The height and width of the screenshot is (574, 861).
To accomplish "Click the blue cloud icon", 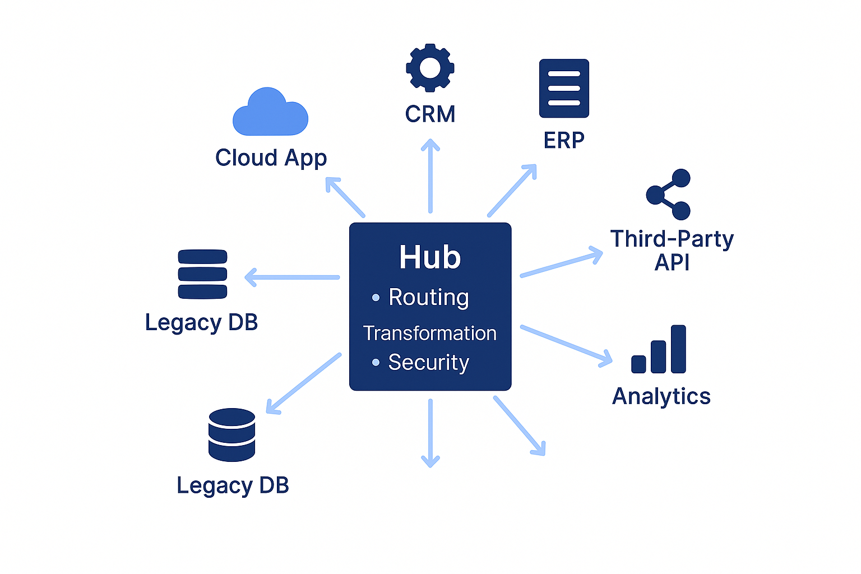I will tap(270, 113).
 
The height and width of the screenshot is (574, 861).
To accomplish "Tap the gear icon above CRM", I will tap(430, 68).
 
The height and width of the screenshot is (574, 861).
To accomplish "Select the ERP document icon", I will tap(564, 89).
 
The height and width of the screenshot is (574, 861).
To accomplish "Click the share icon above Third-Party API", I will tap(668, 195).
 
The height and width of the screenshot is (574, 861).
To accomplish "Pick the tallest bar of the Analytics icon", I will tap(678, 349).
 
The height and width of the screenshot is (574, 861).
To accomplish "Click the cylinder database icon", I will tap(232, 435).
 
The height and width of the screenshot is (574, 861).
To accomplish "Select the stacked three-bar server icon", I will tap(202, 274).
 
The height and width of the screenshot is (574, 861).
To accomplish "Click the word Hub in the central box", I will tap(430, 257).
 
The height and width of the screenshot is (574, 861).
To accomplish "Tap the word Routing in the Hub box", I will tap(429, 297).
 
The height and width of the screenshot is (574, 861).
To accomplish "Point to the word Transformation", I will tap(430, 333).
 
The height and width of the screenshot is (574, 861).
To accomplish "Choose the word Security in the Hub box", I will tap(429, 363).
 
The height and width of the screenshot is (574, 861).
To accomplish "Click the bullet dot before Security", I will tap(376, 363).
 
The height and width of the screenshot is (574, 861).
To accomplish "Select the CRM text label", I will tap(430, 114).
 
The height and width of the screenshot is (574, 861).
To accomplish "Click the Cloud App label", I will tap(271, 158).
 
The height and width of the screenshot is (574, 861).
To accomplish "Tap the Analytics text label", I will tap(661, 396).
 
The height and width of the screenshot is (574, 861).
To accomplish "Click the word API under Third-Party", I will tap(672, 262).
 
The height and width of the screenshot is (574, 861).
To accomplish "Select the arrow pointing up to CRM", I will tap(430, 176).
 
